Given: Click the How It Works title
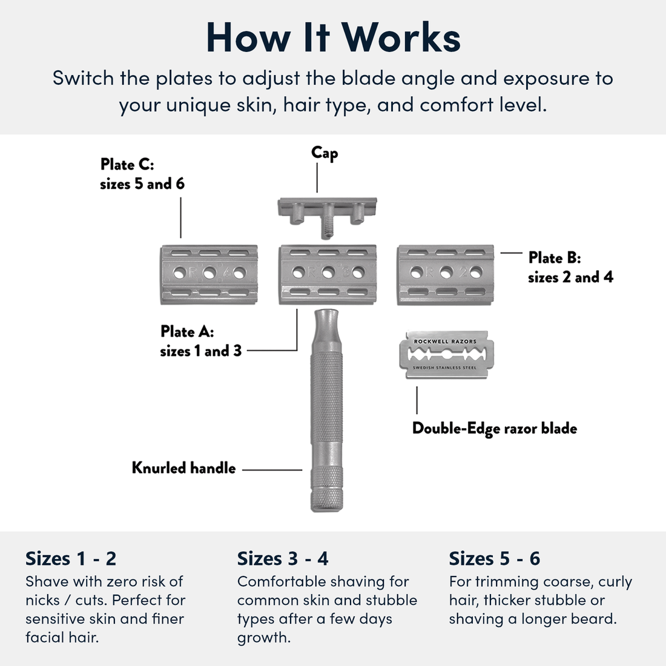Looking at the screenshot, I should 333,38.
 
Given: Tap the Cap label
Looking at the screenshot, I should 325,153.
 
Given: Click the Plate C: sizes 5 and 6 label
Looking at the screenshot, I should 142,174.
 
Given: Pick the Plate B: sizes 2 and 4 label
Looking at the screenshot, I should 570,267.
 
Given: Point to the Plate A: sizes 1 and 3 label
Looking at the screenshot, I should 200,341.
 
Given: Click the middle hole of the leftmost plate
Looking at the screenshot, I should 209,273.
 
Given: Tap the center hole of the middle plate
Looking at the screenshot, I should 328,273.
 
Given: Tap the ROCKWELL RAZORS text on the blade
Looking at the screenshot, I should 445,341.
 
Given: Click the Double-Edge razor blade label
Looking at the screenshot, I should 494,429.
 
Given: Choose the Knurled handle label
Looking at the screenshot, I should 183,468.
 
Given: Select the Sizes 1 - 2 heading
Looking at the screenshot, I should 71,558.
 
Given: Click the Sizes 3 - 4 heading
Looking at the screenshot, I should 283,558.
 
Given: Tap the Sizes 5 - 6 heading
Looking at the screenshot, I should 494,558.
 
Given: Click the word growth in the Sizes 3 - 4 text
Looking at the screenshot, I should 263,638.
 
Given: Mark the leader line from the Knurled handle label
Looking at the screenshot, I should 272,469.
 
